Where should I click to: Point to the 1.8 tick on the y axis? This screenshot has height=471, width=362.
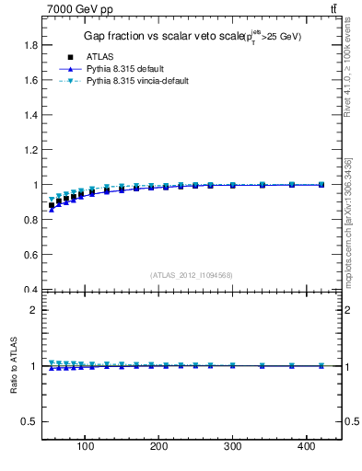point(31,45)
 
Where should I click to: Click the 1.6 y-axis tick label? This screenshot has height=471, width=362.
point(31,80)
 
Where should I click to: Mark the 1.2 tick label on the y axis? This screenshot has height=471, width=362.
point(31,150)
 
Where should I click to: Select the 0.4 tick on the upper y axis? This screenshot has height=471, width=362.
point(31,290)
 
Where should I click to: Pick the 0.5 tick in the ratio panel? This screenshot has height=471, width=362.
point(31,421)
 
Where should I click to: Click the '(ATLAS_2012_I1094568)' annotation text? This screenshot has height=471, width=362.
point(192,274)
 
